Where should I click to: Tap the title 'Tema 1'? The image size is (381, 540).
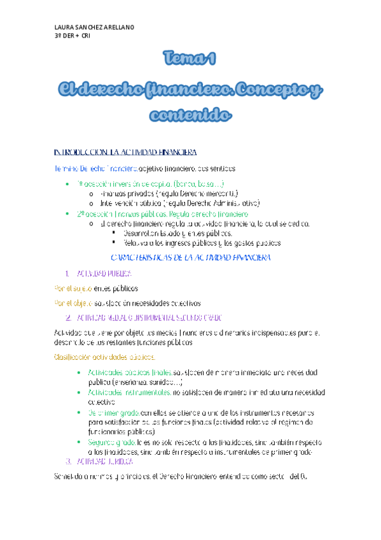190,60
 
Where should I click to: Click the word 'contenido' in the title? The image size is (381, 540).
190,115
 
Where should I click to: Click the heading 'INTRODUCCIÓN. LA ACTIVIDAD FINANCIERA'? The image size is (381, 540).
125,153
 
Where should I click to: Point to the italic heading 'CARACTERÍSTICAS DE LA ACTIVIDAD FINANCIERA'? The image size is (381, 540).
191,257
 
